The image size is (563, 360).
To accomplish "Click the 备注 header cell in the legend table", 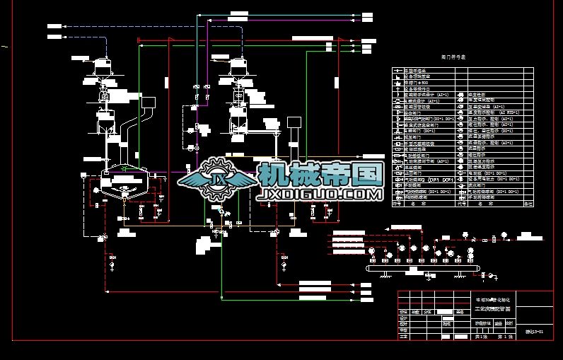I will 526,204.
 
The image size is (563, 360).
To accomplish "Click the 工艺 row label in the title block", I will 404,337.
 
